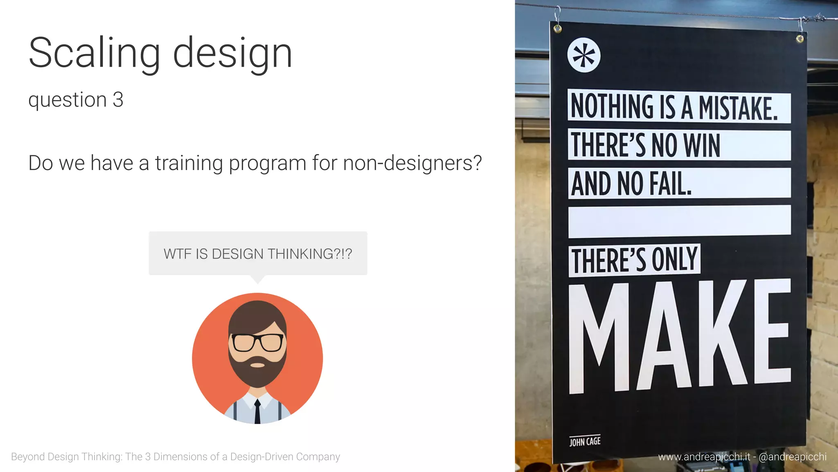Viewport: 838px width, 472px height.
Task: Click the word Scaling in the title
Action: click(x=94, y=53)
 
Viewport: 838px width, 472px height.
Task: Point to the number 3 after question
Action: click(x=118, y=100)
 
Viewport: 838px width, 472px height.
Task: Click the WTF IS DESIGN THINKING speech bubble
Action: click(x=258, y=254)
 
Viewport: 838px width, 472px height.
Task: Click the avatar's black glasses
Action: click(x=257, y=342)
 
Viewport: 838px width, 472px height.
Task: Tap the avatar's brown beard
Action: click(x=257, y=371)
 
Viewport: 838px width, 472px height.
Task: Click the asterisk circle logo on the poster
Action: click(x=584, y=55)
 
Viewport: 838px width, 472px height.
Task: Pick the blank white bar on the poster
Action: click(x=679, y=221)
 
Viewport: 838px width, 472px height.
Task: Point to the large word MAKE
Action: click(x=679, y=336)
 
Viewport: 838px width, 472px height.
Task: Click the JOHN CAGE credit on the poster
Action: click(x=585, y=441)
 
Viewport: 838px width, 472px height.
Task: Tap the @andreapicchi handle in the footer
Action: click(x=793, y=456)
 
